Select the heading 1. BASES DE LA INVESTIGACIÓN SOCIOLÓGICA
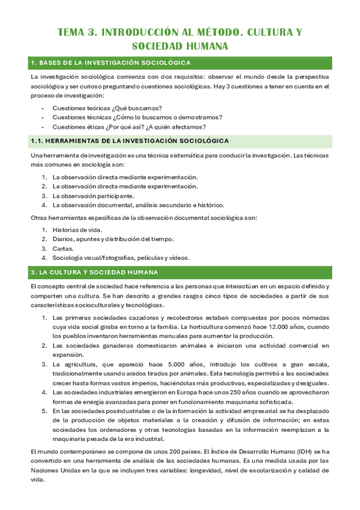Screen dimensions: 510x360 click(x=111, y=63)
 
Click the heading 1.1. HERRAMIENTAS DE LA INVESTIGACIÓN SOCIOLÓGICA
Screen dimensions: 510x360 click(x=129, y=141)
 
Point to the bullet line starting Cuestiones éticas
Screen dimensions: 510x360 click(x=129, y=126)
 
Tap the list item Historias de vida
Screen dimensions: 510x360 click(x=78, y=230)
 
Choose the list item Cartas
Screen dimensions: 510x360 click(x=63, y=248)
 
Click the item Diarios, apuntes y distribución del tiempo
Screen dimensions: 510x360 click(x=113, y=239)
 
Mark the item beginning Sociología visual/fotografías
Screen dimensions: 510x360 click(x=121, y=257)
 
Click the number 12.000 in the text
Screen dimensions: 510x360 click(x=284, y=326)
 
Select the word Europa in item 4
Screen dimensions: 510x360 click(x=185, y=392)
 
